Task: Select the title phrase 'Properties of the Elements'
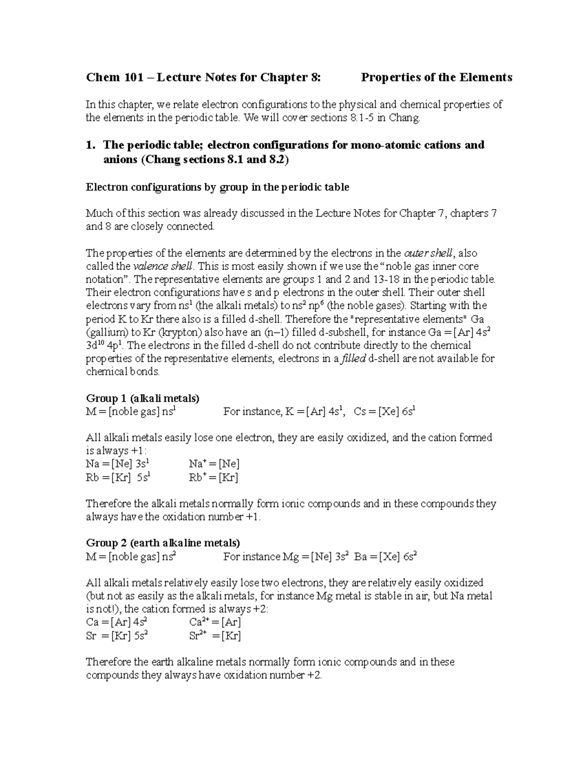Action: (x=436, y=77)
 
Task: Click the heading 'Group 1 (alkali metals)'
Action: (x=142, y=398)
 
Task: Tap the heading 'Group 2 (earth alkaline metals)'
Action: (x=163, y=543)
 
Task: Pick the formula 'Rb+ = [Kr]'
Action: (x=213, y=477)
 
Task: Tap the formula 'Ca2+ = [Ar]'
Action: (x=215, y=622)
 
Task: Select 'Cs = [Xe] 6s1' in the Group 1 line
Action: (x=384, y=411)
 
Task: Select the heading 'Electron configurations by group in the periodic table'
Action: (x=217, y=187)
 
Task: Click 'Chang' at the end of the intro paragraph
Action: (x=404, y=117)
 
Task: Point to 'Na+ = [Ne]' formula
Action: (x=214, y=464)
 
